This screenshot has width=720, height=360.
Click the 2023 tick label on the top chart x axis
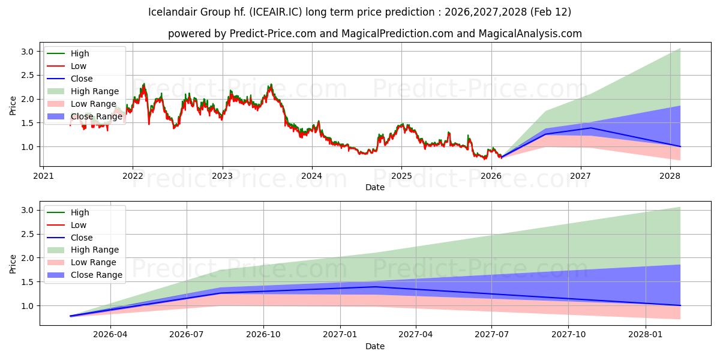pos(222,176)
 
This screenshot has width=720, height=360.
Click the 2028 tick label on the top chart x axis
pos(670,176)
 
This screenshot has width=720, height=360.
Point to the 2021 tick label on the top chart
pos(43,176)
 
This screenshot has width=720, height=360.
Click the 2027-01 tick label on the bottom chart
pos(340,335)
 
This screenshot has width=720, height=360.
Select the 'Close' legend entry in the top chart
pos(82,79)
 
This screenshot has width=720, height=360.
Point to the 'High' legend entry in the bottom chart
pos(80,212)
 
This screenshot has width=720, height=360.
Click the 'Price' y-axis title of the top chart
pos(13,106)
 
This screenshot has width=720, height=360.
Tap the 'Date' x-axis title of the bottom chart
pos(375,346)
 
